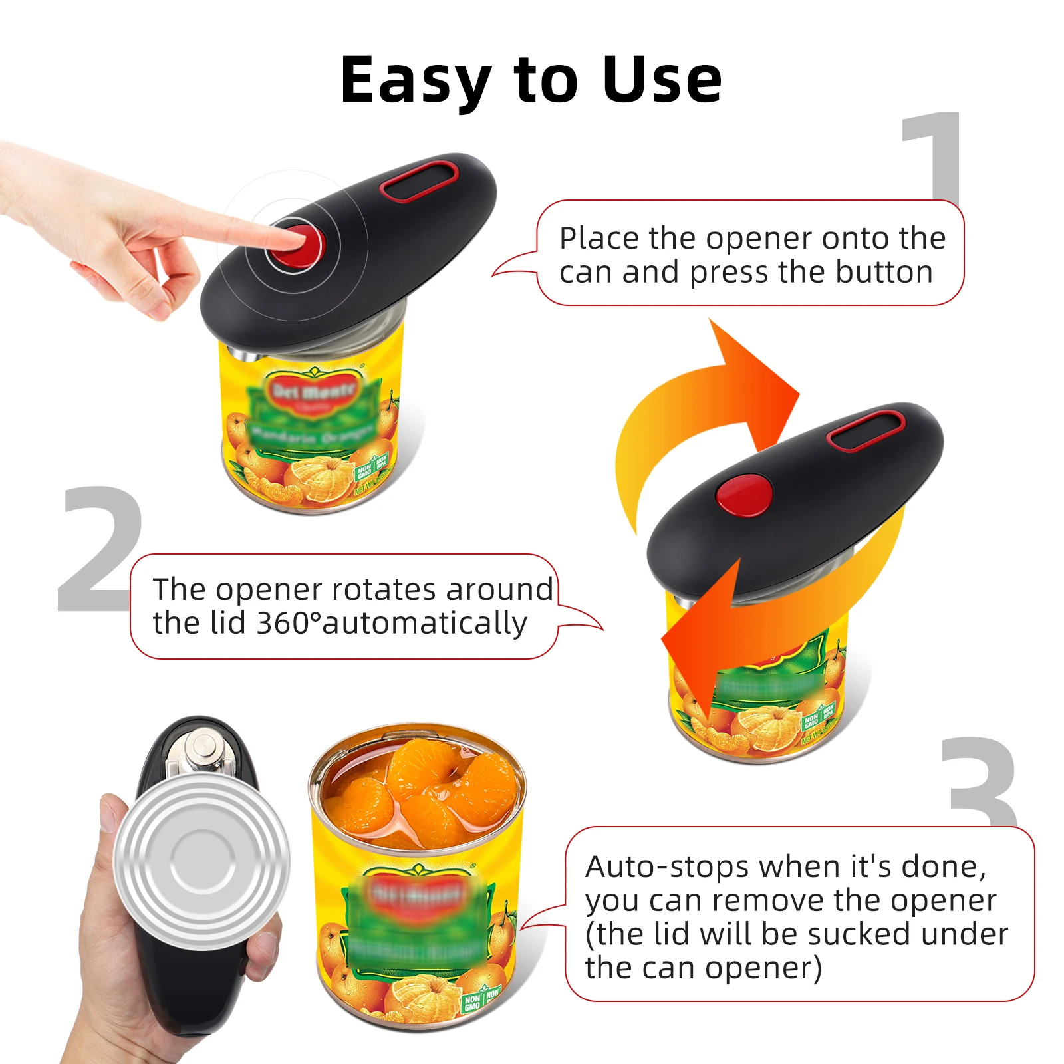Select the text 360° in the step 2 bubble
pyautogui.click(x=289, y=623)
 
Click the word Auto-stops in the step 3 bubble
pyautogui.click(x=667, y=866)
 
